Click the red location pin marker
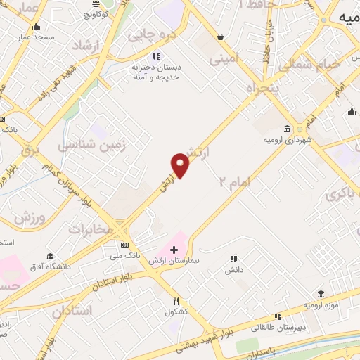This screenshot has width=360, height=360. pos(181,166)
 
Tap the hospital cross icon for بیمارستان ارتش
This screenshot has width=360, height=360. pos(174,250)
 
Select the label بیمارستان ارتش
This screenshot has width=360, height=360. pos(174,261)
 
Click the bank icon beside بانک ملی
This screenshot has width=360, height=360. pos(125,245)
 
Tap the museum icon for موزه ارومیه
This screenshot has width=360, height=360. pos(321,294)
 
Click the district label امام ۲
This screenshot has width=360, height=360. pos(234,181)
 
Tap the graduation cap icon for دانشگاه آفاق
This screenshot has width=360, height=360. pos(50,257)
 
